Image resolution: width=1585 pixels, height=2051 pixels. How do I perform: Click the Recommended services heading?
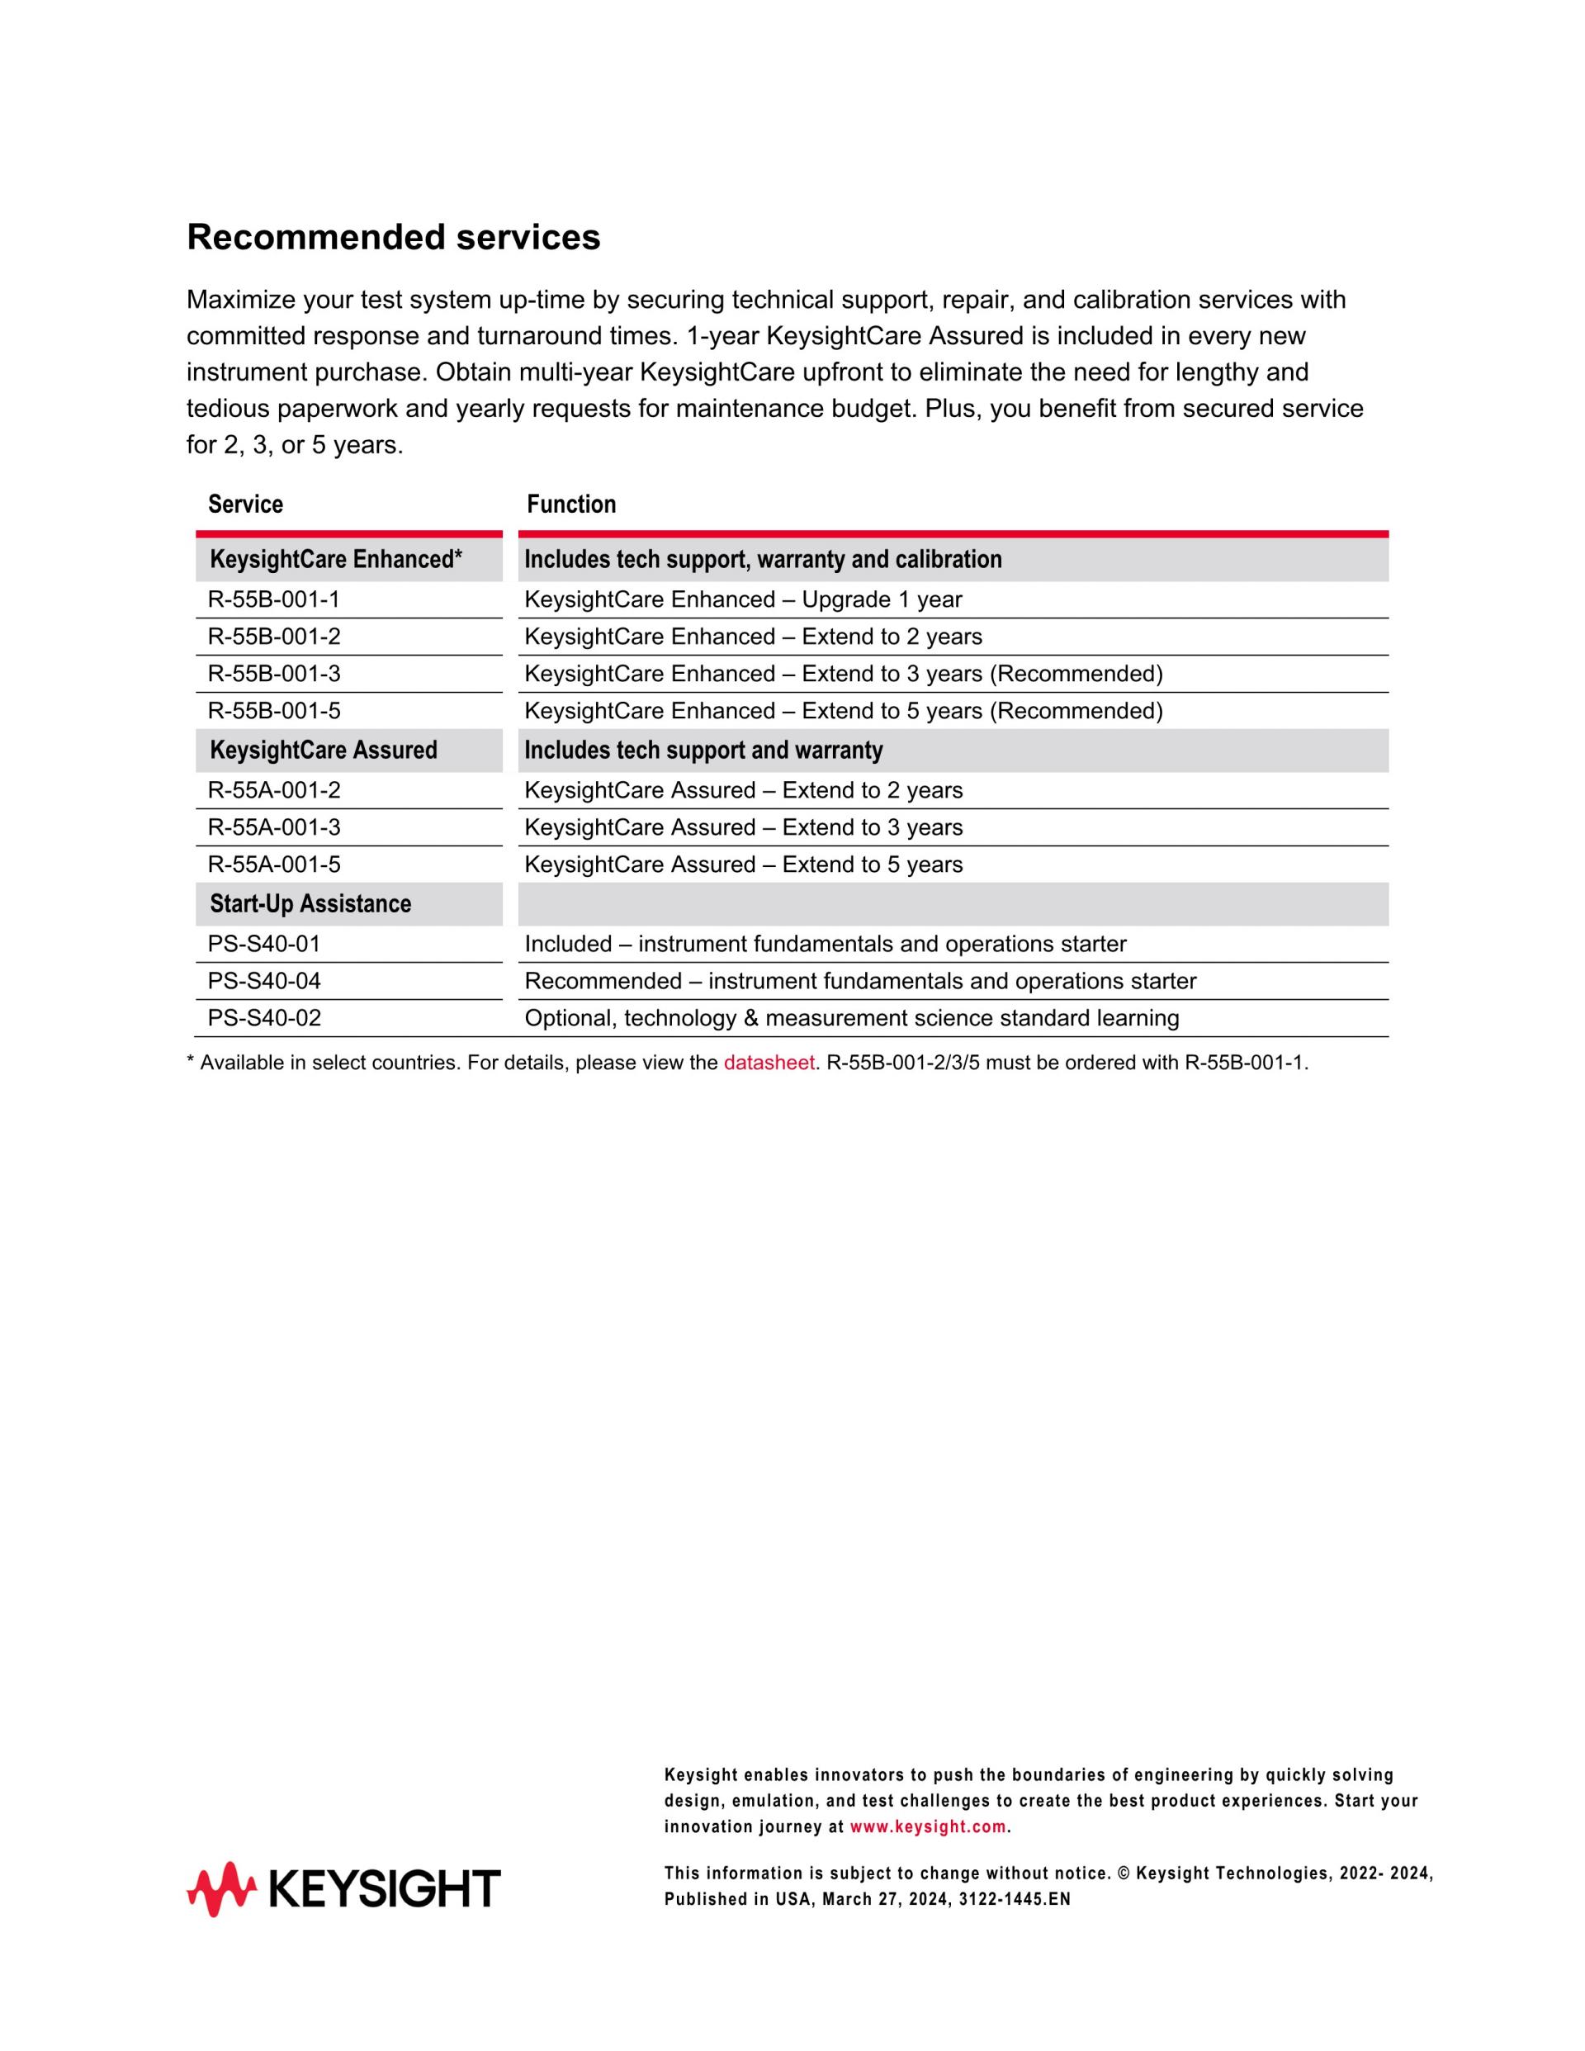394,238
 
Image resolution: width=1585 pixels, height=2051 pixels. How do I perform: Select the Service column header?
245,504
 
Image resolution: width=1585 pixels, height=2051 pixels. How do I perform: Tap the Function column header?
571,504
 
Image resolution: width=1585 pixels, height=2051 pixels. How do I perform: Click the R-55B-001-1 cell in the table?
273,599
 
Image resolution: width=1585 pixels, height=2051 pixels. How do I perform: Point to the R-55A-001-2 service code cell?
273,790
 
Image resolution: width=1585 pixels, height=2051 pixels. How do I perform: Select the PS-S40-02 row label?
264,1018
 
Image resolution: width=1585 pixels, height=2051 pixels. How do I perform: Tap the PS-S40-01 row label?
264,944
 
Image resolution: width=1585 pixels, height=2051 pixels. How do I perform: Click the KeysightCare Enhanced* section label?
335,560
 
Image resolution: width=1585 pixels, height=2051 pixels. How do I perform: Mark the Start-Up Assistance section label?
310,903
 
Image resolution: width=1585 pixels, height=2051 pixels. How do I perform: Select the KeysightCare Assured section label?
323,751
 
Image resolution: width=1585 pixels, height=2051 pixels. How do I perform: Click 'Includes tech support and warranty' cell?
703,751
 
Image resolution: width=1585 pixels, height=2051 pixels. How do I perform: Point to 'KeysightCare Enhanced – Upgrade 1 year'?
743,599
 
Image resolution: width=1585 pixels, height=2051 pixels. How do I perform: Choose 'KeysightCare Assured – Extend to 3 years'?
743,827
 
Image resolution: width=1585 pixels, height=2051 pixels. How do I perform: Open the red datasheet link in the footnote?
768,1063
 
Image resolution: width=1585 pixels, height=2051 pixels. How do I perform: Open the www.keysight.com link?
927,1827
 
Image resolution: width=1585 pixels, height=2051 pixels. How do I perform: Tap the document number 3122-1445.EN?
1014,1899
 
